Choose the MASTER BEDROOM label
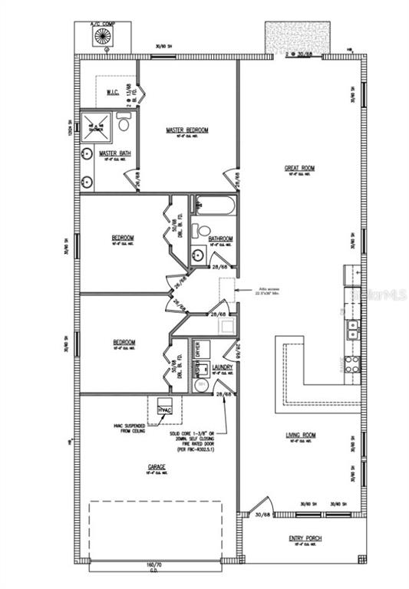click(186, 130)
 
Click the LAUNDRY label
click(223, 367)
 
